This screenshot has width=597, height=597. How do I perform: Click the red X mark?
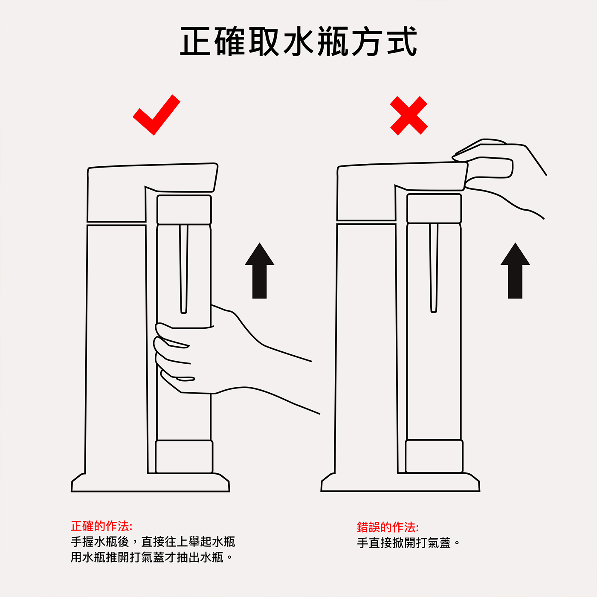[x=409, y=116]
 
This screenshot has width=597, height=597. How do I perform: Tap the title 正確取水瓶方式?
[x=298, y=41]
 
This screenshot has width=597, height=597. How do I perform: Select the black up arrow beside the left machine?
[x=259, y=270]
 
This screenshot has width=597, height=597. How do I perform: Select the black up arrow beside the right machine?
[x=515, y=270]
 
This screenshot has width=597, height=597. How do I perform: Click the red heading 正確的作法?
[x=101, y=526]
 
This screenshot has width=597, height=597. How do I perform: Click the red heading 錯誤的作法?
[x=388, y=527]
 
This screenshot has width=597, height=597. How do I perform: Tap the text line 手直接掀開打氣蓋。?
[x=409, y=543]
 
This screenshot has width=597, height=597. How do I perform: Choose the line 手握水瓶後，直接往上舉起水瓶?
[x=153, y=542]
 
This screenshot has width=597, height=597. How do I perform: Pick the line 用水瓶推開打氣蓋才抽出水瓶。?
[x=152, y=557]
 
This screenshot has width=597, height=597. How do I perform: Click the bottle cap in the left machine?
[x=184, y=209]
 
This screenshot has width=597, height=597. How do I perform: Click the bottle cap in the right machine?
[x=434, y=208]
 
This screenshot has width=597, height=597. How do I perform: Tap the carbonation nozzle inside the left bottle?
[x=184, y=269]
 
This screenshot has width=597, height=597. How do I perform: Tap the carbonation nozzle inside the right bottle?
[x=434, y=268]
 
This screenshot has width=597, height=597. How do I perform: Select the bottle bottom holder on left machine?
[x=184, y=457]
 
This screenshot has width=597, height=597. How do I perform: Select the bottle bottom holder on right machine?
[x=434, y=456]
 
